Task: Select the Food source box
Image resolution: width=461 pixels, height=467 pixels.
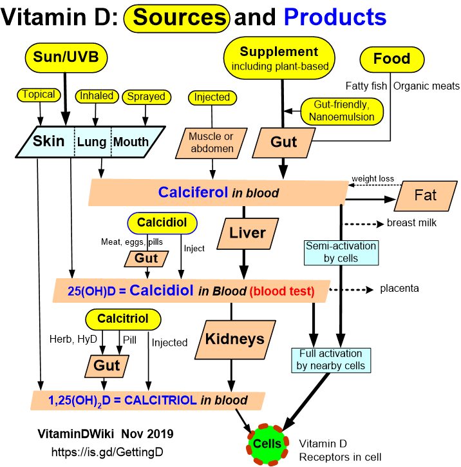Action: (392, 59)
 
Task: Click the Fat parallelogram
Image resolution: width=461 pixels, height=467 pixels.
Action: (425, 195)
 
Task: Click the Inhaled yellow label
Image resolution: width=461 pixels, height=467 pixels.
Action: (97, 97)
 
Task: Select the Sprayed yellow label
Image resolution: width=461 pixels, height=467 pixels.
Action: (146, 97)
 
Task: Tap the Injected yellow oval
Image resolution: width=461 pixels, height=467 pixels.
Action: (212, 98)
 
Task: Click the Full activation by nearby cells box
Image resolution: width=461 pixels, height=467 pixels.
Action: (331, 359)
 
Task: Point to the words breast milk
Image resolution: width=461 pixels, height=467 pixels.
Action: (413, 224)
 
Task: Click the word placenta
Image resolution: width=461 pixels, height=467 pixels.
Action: (399, 289)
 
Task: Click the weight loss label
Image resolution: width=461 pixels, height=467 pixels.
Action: (373, 178)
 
